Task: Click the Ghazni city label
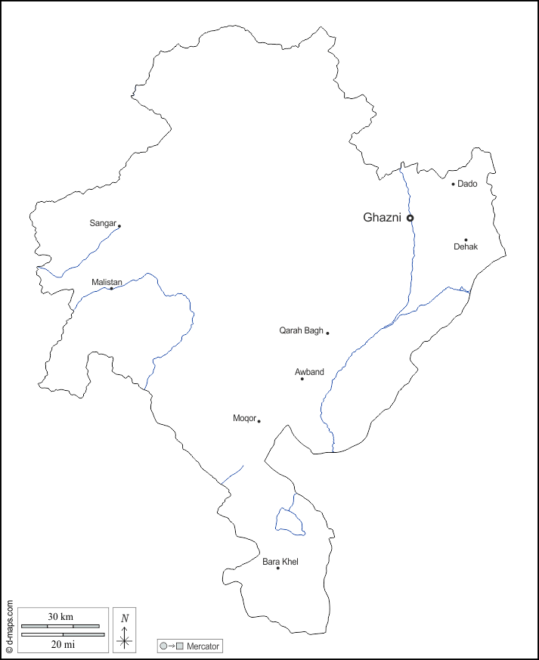point(383,218)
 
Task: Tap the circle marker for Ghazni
point(410,218)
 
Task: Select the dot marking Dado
point(454,184)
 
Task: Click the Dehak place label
point(466,247)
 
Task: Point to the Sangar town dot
point(119,225)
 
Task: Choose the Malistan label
point(107,282)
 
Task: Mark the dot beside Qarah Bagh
point(327,333)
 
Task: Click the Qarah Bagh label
point(301,330)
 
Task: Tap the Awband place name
point(309,372)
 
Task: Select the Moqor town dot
point(259,421)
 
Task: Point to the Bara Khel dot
point(277,568)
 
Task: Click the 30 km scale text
point(60,617)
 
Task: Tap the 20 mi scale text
point(63,644)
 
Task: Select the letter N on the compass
point(125,618)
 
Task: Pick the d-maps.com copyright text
point(9,627)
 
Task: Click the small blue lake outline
point(290,522)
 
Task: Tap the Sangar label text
point(103,223)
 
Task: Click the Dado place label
point(467,184)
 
